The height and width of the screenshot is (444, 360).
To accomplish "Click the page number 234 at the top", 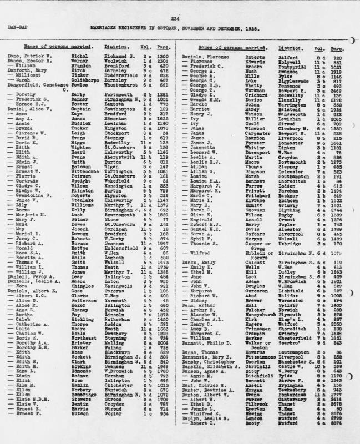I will (x=180, y=18).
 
